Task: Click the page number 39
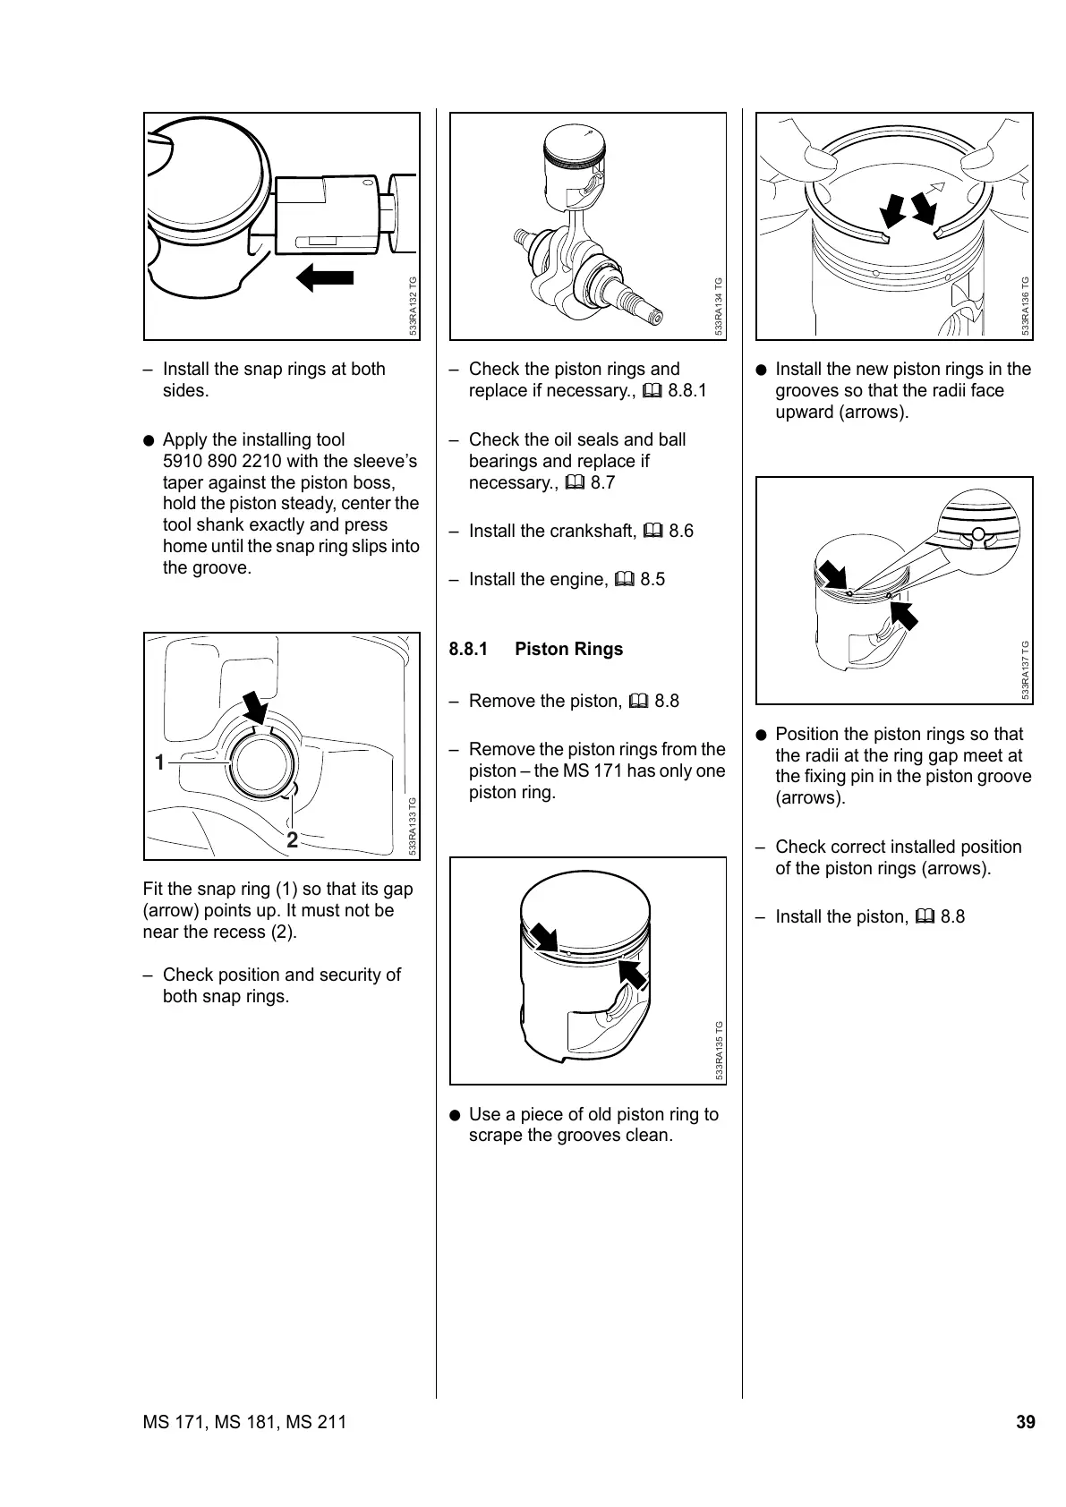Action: click(1025, 1422)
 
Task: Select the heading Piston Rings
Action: click(568, 649)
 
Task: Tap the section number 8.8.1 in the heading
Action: click(468, 649)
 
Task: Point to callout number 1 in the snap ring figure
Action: click(159, 762)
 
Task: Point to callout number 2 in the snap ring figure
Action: click(292, 839)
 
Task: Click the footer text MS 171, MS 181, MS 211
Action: click(244, 1422)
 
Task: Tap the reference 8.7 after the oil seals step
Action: click(602, 482)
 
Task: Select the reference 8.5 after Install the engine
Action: click(652, 579)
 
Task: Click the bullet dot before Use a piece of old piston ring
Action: click(456, 1115)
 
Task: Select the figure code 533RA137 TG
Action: click(1025, 671)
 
